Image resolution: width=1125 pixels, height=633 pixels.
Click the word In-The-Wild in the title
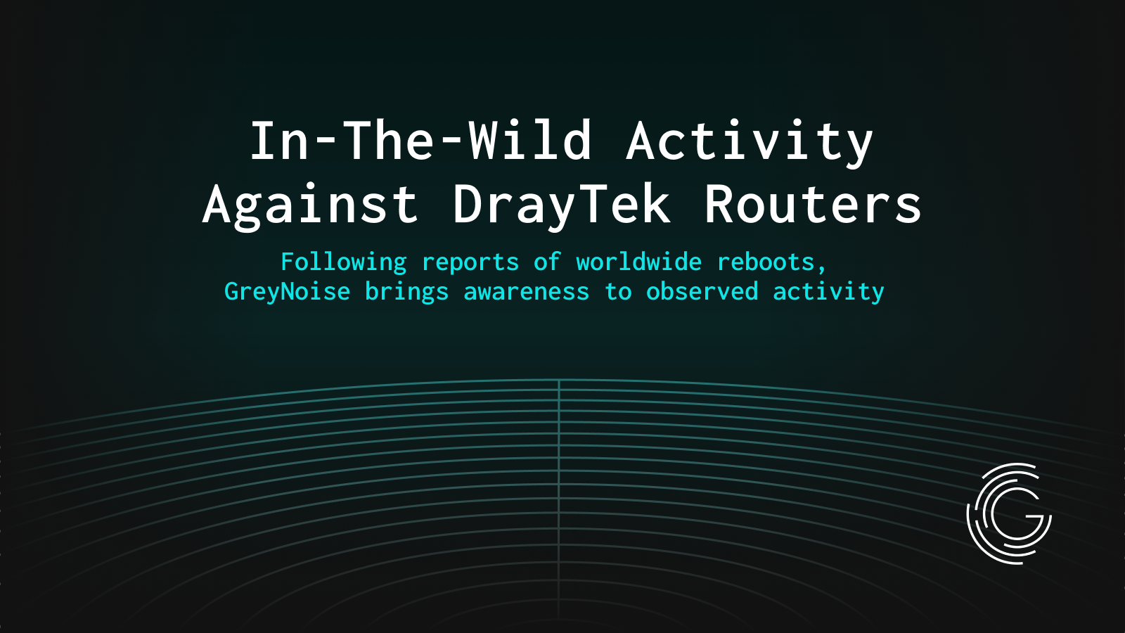tap(421, 141)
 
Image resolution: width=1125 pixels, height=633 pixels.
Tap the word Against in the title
tap(310, 205)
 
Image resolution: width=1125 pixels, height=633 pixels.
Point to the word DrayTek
tap(562, 205)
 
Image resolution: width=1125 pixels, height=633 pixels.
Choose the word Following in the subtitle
tap(344, 262)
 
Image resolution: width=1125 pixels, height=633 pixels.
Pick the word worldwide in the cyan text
tap(639, 262)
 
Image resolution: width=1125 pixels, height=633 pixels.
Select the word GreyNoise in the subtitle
tap(288, 292)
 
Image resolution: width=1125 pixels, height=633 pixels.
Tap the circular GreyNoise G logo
tap(1009, 513)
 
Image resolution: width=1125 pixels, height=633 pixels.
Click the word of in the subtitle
tap(548, 262)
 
